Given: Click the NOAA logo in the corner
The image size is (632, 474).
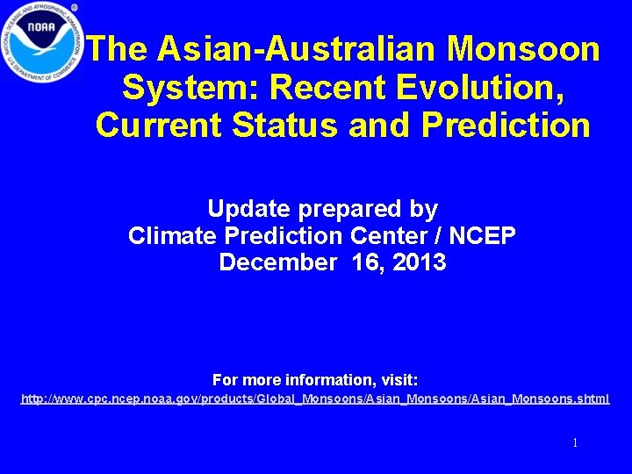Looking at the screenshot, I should tap(41, 41).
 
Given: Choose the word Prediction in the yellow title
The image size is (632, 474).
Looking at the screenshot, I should tap(506, 125).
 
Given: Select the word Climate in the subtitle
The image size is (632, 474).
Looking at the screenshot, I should tap(171, 236).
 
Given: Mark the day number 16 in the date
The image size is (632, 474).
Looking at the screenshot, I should tap(365, 262).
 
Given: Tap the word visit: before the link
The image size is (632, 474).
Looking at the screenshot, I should tap(399, 380).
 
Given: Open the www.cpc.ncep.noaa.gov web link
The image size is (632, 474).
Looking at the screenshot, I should tap(315, 399).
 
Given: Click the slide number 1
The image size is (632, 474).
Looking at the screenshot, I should tap(575, 443).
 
